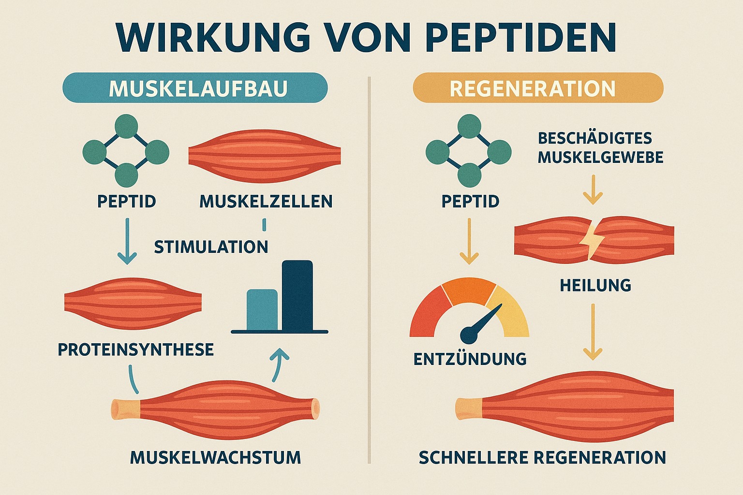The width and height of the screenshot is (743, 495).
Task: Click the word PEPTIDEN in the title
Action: tap(522, 36)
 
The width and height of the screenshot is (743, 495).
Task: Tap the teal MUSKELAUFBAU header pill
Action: tap(195, 88)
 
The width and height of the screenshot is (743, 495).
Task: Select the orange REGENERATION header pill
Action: tap(537, 88)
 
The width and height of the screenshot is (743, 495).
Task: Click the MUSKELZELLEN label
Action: tap(266, 201)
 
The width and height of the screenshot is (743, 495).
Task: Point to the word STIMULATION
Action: tap(211, 247)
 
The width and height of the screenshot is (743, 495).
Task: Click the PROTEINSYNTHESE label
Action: tap(135, 349)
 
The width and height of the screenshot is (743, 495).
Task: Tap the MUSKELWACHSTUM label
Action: tap(216, 457)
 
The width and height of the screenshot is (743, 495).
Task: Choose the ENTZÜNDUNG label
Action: tap(470, 359)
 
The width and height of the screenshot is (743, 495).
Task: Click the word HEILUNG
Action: tap(595, 285)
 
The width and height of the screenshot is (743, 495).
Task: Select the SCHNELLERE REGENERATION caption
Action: tap(542, 457)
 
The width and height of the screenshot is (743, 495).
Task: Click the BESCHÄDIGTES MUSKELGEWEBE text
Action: tap(600, 148)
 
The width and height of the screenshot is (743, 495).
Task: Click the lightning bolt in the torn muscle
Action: tap(591, 238)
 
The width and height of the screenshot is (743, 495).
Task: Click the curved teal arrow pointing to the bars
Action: tap(279, 365)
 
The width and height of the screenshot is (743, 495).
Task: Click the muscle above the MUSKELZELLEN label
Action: tap(264, 156)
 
